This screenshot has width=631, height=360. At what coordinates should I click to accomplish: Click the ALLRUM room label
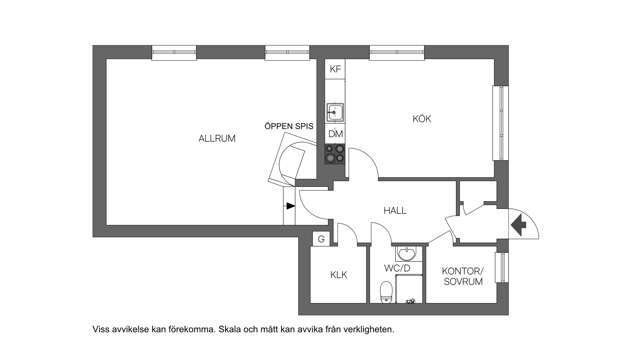[x=217, y=138]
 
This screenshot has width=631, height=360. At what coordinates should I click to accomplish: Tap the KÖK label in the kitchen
[x=422, y=119]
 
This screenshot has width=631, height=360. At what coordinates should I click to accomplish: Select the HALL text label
[x=395, y=210]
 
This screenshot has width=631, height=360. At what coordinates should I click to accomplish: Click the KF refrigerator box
[x=335, y=69]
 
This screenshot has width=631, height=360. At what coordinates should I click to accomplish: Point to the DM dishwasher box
[x=336, y=134]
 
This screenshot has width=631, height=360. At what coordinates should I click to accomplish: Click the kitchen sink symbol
[x=335, y=112]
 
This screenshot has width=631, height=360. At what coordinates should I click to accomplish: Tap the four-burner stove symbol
[x=335, y=154]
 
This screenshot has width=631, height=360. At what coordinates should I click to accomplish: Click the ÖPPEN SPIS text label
[x=289, y=126]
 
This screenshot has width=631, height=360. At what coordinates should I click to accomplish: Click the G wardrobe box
[x=321, y=239]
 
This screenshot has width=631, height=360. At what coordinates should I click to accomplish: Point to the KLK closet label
[x=339, y=275]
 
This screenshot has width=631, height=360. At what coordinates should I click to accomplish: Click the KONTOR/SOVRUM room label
[x=463, y=276]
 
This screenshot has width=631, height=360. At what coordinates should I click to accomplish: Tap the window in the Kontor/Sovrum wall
[x=502, y=267]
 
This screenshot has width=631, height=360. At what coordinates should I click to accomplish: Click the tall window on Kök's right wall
[x=501, y=123]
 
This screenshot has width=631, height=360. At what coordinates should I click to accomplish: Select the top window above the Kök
[x=397, y=53]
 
